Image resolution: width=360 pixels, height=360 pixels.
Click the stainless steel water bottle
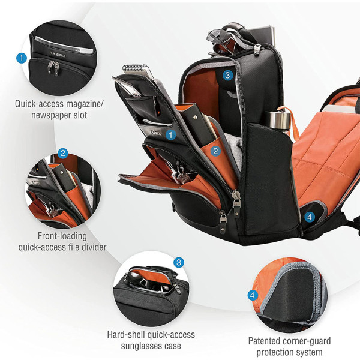(278, 120)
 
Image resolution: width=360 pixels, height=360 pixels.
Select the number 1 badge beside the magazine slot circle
(22, 58)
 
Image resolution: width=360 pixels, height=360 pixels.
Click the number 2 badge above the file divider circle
(63, 153)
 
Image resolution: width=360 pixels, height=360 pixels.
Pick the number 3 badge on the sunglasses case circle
(179, 262)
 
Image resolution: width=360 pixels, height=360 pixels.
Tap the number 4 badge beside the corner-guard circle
(253, 295)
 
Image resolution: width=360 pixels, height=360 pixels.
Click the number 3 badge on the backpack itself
(227, 75)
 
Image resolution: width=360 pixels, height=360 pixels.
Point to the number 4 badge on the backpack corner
(310, 217)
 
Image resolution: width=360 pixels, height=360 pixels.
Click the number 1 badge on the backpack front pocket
(170, 135)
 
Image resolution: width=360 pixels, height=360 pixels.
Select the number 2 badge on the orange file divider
(215, 151)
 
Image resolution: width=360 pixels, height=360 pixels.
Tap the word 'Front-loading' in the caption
(62, 236)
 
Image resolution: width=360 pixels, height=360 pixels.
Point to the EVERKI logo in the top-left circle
(58, 55)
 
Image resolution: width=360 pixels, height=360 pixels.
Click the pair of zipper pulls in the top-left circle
(53, 68)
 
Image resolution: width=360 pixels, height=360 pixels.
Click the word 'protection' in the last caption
(274, 352)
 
